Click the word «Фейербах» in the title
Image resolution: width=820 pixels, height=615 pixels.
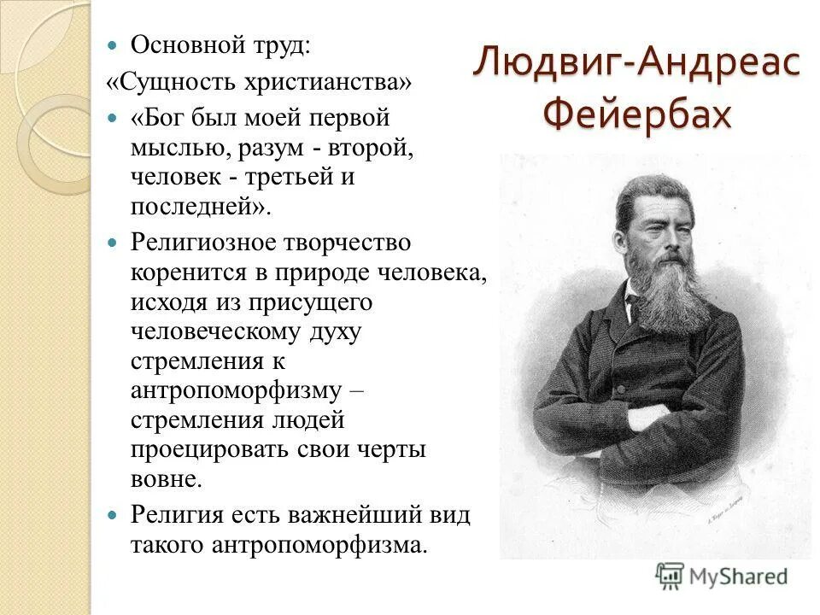click(x=636, y=113)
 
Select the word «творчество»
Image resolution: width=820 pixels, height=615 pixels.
click(x=355, y=243)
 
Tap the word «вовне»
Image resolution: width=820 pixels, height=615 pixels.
click(x=166, y=478)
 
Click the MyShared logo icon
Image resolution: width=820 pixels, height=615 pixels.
click(x=671, y=576)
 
